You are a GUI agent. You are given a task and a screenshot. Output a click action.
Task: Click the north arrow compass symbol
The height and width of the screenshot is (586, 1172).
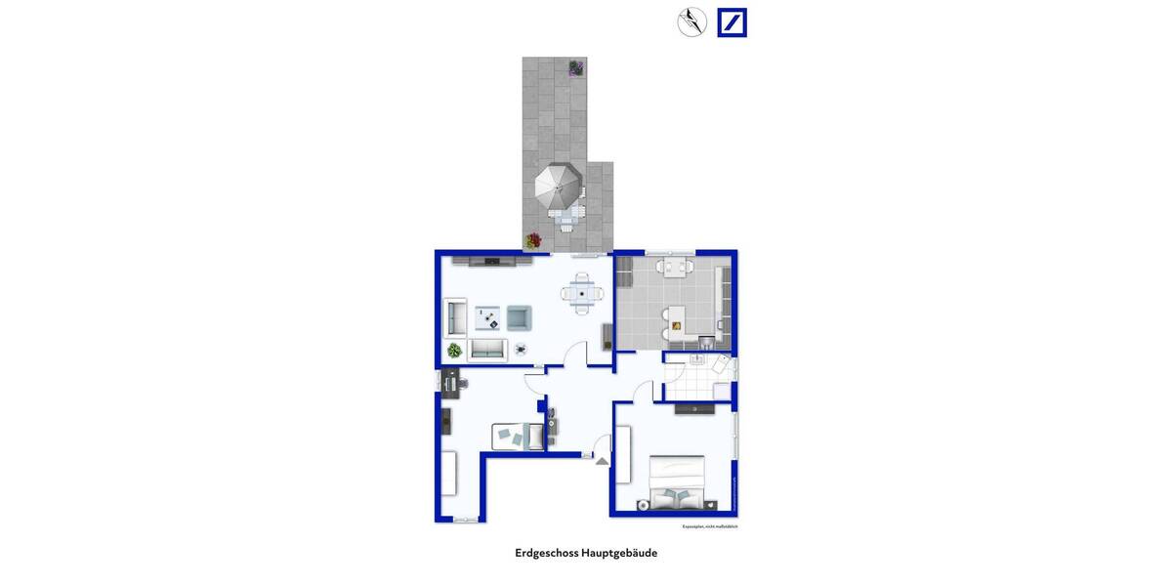point(692,21)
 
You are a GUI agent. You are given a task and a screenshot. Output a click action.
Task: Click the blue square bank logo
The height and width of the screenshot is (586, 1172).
point(732,22)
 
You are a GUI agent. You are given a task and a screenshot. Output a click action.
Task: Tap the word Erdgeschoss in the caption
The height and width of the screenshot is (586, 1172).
point(546,553)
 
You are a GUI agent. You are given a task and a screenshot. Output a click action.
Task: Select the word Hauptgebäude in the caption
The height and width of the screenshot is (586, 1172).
point(619,553)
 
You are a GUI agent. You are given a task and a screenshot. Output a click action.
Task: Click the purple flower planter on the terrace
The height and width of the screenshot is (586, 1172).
point(576,67)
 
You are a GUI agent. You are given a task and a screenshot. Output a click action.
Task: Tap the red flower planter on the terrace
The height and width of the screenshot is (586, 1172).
point(533,239)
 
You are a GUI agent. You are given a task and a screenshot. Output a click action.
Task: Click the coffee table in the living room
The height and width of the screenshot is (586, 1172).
point(488,316)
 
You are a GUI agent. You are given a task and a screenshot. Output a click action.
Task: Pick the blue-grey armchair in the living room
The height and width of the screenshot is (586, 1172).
point(519,316)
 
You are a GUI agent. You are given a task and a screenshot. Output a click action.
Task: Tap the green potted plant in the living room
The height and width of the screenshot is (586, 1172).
point(454,350)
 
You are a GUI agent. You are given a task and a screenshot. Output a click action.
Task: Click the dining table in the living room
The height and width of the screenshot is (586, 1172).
point(581,293)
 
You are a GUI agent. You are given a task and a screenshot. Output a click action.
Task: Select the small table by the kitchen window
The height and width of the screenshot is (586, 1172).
point(675,266)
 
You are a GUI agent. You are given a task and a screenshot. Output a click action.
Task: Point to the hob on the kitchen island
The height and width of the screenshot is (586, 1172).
point(677,325)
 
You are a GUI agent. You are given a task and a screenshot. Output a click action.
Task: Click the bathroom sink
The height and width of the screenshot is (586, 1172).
point(697,360)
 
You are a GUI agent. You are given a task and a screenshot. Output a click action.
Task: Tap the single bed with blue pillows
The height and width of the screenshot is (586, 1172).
point(519,436)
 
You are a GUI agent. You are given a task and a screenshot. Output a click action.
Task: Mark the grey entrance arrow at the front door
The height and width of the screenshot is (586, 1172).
point(603,460)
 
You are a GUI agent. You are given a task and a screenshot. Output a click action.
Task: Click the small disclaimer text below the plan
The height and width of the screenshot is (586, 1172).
point(709,526)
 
